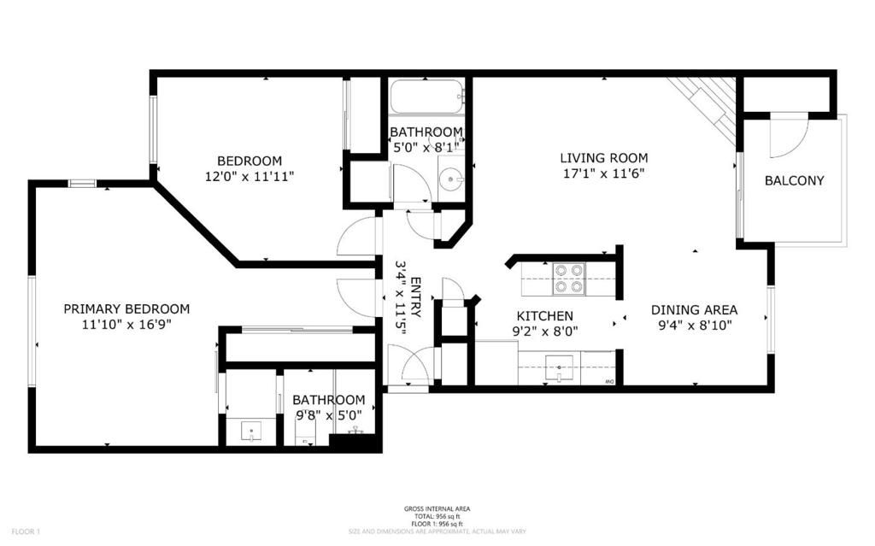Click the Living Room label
tap(603, 158)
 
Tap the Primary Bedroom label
tap(126, 308)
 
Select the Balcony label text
tap(794, 180)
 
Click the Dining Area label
tap(694, 310)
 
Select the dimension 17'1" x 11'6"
tap(603, 173)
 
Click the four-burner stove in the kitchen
tap(569, 279)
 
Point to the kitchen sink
tap(560, 368)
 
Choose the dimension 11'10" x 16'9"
tap(126, 324)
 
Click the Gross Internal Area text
tap(437, 509)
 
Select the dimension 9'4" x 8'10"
tap(694, 325)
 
